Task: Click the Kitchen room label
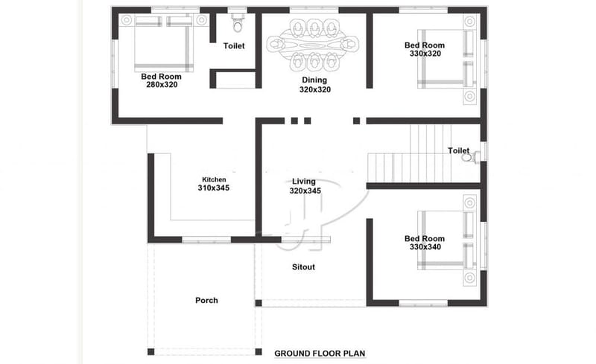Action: (x=214, y=179)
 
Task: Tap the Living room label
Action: (x=303, y=182)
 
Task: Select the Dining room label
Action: (x=314, y=80)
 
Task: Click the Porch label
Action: (x=206, y=301)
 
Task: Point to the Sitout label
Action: (x=302, y=267)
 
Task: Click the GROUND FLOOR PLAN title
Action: (x=320, y=353)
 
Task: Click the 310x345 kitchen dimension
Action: (x=214, y=188)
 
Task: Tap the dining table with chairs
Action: (x=314, y=44)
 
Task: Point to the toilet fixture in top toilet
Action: (x=238, y=25)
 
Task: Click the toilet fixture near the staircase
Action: (x=469, y=157)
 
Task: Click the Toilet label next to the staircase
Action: (x=458, y=150)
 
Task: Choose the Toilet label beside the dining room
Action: (x=234, y=46)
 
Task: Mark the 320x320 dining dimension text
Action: (x=314, y=89)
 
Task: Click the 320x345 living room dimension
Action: (x=305, y=191)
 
